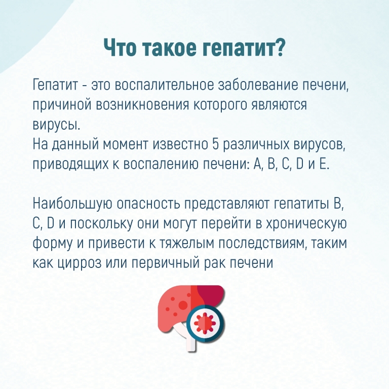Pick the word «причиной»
(61, 105)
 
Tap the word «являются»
(280, 105)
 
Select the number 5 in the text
(215, 144)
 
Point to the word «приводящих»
(70, 164)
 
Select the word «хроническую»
(306, 224)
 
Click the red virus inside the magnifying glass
(205, 323)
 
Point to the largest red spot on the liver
(183, 304)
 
